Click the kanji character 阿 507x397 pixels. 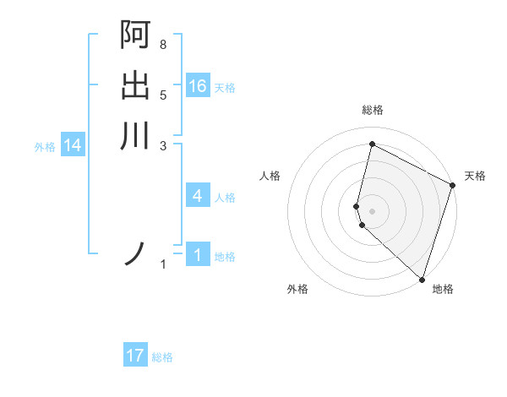click(135, 35)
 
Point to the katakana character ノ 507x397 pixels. click(135, 253)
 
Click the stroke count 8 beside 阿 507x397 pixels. click(163, 44)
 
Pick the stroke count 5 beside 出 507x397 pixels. click(163, 95)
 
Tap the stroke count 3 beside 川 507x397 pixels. click(163, 144)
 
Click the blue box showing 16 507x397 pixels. click(198, 86)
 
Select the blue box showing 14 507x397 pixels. click(73, 145)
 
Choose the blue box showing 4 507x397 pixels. click(198, 196)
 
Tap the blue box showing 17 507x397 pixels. click(135, 356)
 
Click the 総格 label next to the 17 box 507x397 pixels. click(162, 357)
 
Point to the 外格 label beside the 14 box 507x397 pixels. click(45, 147)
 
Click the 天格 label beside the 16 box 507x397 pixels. click(225, 88)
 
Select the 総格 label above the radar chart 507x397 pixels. click(373, 110)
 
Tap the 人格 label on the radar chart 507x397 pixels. click(270, 176)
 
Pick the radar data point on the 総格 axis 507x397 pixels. click(372, 144)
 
